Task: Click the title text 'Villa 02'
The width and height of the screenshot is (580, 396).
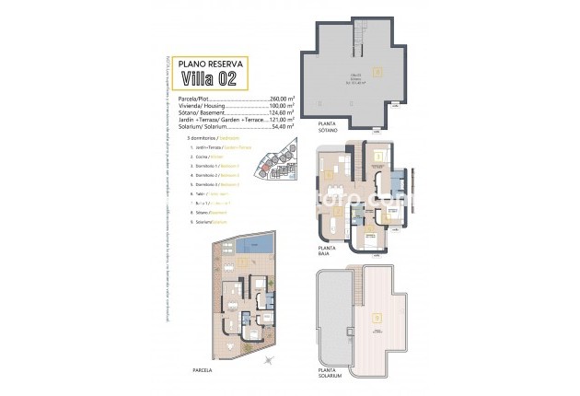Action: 208,77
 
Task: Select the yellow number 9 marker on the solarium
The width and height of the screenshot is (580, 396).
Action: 376,318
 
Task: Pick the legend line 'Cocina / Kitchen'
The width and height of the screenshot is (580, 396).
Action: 206,157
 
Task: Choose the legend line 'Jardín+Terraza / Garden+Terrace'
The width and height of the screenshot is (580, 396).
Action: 214,147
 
